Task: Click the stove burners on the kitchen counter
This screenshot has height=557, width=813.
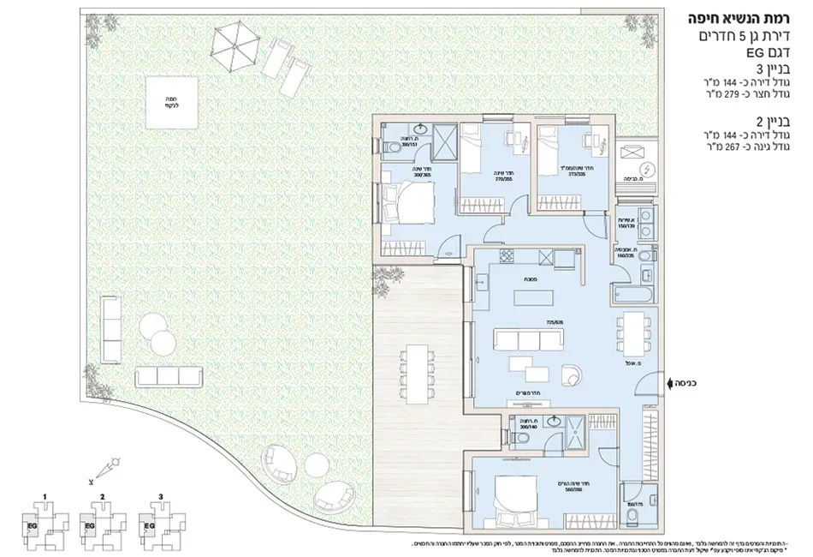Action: pyautogui.click(x=507, y=257)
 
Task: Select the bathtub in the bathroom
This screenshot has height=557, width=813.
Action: pyautogui.click(x=634, y=293)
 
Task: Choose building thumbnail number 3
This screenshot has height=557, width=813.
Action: pyautogui.click(x=158, y=520)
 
